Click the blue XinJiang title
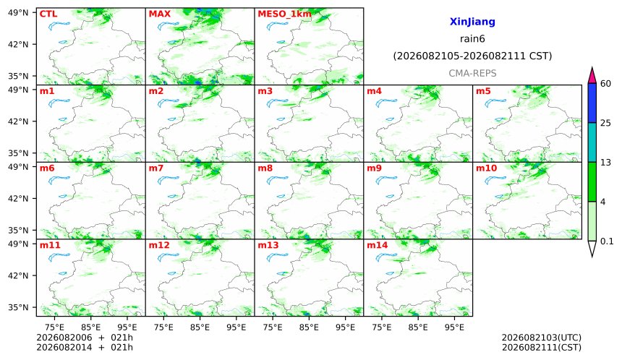(x=472, y=22)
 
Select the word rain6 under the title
(x=472, y=39)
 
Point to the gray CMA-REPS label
(x=472, y=73)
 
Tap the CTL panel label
(x=48, y=14)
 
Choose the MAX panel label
(x=159, y=14)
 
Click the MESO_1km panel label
(x=284, y=14)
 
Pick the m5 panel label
(x=483, y=91)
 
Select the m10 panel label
(x=486, y=168)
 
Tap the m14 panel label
(x=377, y=245)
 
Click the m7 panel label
(x=156, y=168)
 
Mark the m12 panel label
(x=158, y=245)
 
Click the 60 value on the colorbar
(x=605, y=84)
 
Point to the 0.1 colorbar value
(x=607, y=241)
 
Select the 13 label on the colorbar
(x=605, y=163)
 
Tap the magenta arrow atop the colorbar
(x=592, y=75)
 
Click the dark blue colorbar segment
(x=592, y=103)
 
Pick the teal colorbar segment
(x=592, y=142)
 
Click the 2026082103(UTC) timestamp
(x=542, y=338)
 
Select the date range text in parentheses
(x=472, y=56)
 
